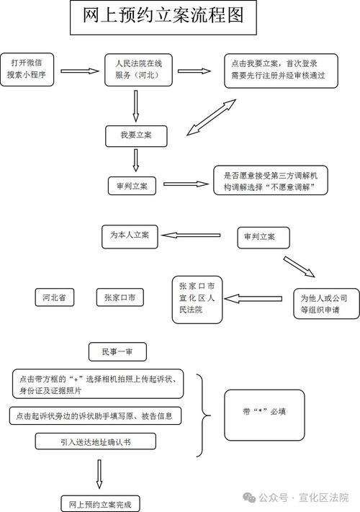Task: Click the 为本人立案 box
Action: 130,235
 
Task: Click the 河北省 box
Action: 54,297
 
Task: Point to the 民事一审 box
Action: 118,351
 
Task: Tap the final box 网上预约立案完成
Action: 100,503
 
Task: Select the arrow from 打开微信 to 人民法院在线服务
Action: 78,71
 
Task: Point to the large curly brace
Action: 204,415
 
